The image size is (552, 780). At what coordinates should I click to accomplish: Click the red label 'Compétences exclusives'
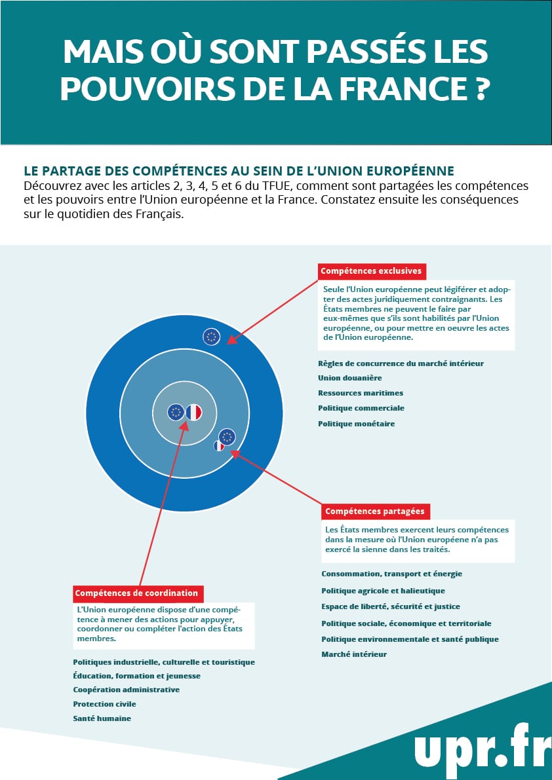(372, 270)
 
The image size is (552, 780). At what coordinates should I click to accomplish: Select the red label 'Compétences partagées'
(375, 511)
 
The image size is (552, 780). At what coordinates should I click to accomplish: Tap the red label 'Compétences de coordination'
(137, 593)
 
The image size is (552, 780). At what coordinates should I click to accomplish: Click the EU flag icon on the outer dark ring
(211, 337)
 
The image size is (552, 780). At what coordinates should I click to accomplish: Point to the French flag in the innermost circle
(193, 412)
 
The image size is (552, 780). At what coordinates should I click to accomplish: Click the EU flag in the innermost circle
(175, 412)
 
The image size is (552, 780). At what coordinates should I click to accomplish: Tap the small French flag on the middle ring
(219, 446)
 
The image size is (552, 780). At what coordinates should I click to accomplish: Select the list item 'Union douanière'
(349, 378)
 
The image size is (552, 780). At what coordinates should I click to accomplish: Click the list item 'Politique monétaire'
(356, 424)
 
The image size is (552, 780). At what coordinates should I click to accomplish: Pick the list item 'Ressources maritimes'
(361, 393)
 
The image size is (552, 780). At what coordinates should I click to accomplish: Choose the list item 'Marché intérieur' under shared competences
(354, 654)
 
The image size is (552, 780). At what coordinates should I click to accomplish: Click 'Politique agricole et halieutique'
(383, 591)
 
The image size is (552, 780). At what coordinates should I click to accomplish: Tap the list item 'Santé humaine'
(102, 718)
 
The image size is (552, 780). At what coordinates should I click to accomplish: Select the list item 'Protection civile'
(104, 704)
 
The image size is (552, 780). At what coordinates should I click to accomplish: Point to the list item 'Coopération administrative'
(126, 690)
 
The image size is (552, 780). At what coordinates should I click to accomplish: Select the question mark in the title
(481, 88)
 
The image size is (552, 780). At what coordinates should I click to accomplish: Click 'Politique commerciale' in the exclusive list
(361, 408)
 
